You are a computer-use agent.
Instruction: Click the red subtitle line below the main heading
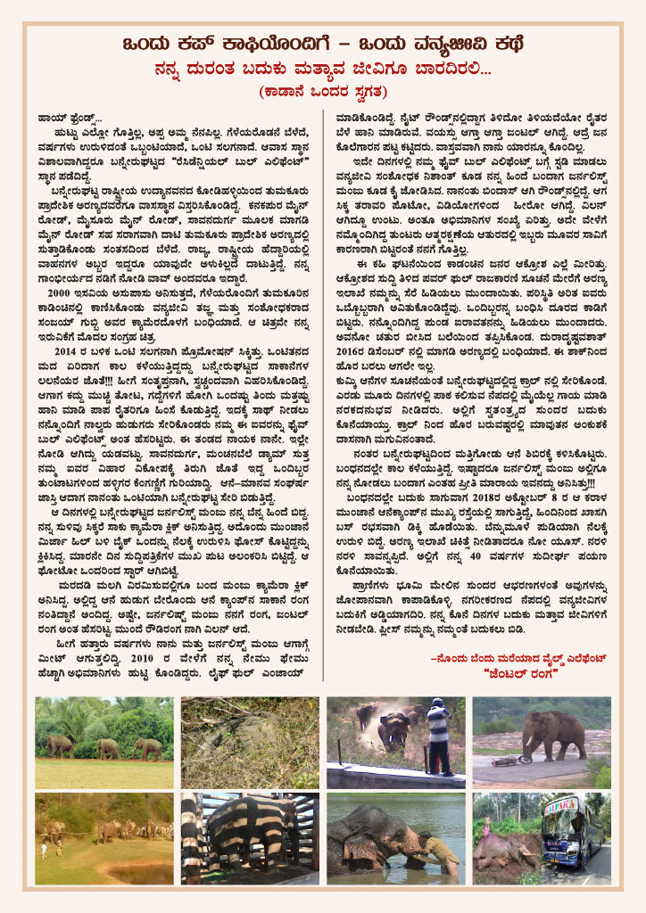[x=322, y=69]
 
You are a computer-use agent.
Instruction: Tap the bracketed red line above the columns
[x=322, y=91]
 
